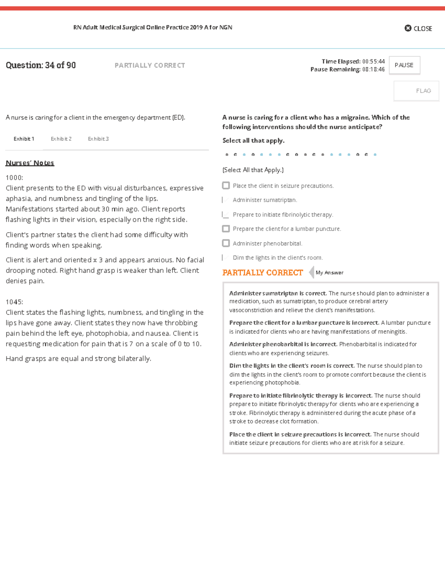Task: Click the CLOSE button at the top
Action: pos(418,28)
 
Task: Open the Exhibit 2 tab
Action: pos(61,139)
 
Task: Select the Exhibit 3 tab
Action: pos(98,139)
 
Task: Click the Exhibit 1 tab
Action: pos(24,139)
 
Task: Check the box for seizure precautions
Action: pos(226,185)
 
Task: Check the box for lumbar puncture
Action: pos(226,229)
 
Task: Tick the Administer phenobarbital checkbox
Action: pos(226,243)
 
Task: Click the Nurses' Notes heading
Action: pos(30,163)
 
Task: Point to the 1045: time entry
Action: pos(14,302)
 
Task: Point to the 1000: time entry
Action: pos(14,178)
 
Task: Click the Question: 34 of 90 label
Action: pos(41,65)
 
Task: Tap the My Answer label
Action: pos(329,273)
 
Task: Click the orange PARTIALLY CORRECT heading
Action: pos(263,273)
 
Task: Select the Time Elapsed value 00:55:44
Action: pos(373,61)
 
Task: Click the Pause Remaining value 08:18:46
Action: pos(373,69)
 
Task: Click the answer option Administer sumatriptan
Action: pos(265,200)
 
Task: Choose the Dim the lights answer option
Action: pos(277,258)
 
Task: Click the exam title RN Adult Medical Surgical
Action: pos(152,27)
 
